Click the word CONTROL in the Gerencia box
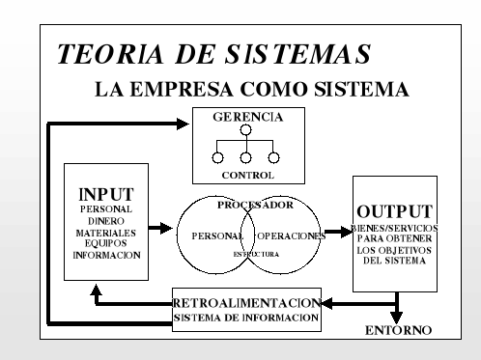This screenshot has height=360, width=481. coord(247,176)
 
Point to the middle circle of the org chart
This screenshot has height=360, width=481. coord(246,157)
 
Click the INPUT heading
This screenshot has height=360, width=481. coord(106,193)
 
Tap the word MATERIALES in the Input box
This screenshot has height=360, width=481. coord(106,232)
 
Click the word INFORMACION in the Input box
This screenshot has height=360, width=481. coord(106,256)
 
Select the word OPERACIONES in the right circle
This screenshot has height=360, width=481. coord(294,235)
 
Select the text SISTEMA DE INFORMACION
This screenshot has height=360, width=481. coord(250,318)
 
